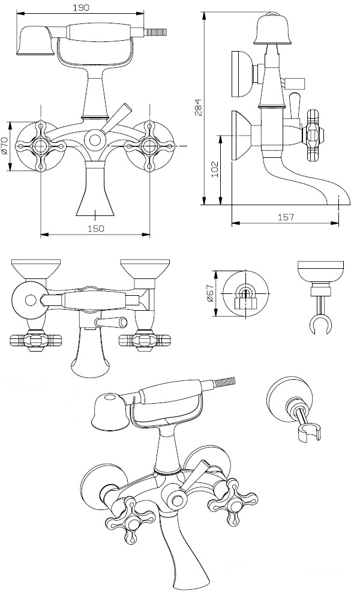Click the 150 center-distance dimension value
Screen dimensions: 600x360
(x=95, y=228)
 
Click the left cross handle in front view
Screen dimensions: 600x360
(x=41, y=145)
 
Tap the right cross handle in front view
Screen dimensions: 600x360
(x=149, y=145)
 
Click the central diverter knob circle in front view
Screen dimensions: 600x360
(x=95, y=140)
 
